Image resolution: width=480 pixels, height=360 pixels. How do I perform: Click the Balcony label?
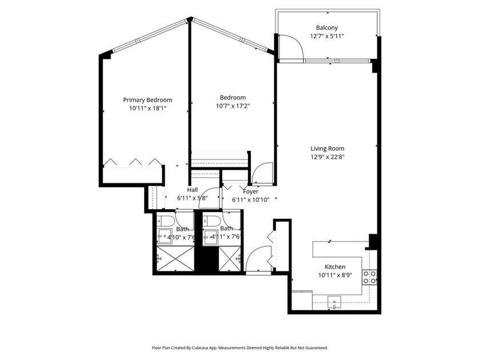click(327, 27)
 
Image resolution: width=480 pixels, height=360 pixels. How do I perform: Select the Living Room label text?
click(327, 149)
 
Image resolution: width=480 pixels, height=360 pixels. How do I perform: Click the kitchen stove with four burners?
click(370, 277)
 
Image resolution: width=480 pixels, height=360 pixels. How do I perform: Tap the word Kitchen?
click(335, 267)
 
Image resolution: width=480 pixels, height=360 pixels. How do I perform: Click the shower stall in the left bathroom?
click(174, 259)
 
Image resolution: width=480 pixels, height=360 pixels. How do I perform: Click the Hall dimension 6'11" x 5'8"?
click(192, 198)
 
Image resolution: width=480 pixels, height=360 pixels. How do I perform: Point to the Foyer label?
click(250, 191)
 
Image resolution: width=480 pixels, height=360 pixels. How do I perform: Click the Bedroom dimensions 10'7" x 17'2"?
click(233, 105)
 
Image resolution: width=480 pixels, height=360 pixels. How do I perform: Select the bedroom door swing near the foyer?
click(263, 174)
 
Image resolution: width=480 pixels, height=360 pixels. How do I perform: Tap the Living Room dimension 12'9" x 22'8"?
click(327, 157)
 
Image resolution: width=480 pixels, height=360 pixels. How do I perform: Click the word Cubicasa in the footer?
click(209, 347)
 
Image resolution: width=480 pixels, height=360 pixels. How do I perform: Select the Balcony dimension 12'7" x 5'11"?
click(327, 35)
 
